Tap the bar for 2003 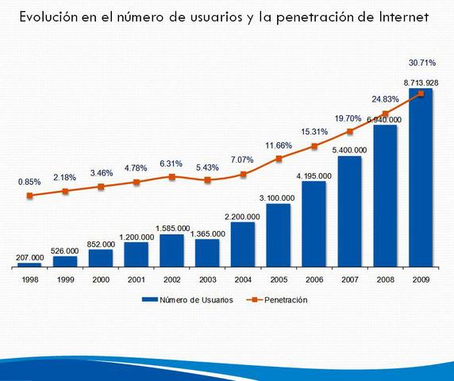tap(207, 252)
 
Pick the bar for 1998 tap(29, 264)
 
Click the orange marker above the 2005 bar tap(279, 159)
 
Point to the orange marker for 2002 tap(172, 176)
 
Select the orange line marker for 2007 tap(349, 131)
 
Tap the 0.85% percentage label tap(31, 182)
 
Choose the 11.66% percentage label tap(278, 145)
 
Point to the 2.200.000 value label tap(243, 215)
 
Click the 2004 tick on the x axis tap(243, 279)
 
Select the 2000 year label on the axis tap(101, 279)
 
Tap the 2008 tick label tap(384, 279)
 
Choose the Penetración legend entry tap(277, 300)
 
